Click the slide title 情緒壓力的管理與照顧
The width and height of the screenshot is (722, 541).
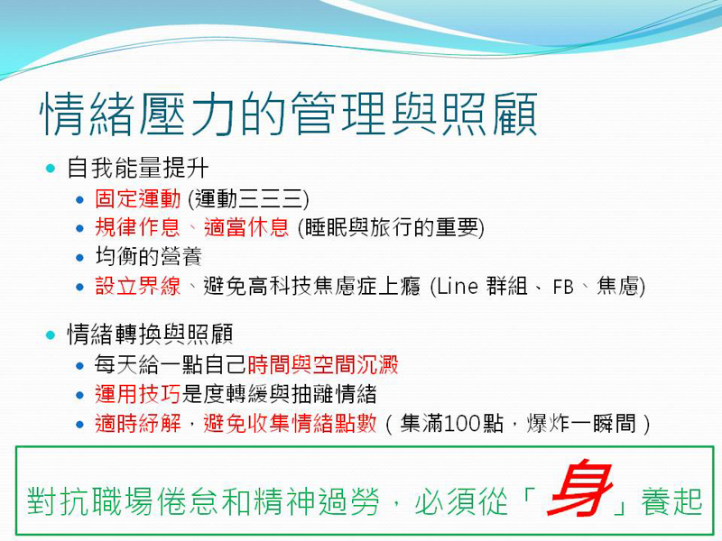289,114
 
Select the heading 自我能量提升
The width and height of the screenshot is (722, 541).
138,168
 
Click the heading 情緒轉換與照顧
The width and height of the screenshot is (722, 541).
150,334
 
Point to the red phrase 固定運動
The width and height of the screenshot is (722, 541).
138,199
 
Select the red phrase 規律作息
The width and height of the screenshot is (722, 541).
137,228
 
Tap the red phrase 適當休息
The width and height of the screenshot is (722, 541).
245,228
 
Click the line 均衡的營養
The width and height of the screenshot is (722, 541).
148,257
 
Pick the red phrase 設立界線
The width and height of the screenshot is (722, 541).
137,286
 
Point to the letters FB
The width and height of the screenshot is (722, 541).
563,287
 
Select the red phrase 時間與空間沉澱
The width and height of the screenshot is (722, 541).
323,365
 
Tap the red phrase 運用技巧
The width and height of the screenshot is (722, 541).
137,394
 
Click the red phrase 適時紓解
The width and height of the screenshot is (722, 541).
137,423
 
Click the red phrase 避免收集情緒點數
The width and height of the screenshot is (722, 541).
290,423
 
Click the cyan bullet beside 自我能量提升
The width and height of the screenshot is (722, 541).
51,169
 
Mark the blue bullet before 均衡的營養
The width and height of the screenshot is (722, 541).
80,258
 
